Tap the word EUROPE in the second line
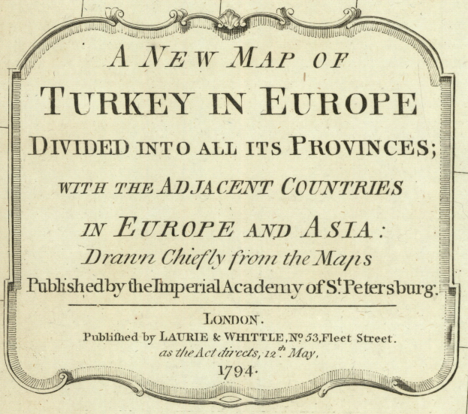coord(342,102)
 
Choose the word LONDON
coord(234,319)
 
